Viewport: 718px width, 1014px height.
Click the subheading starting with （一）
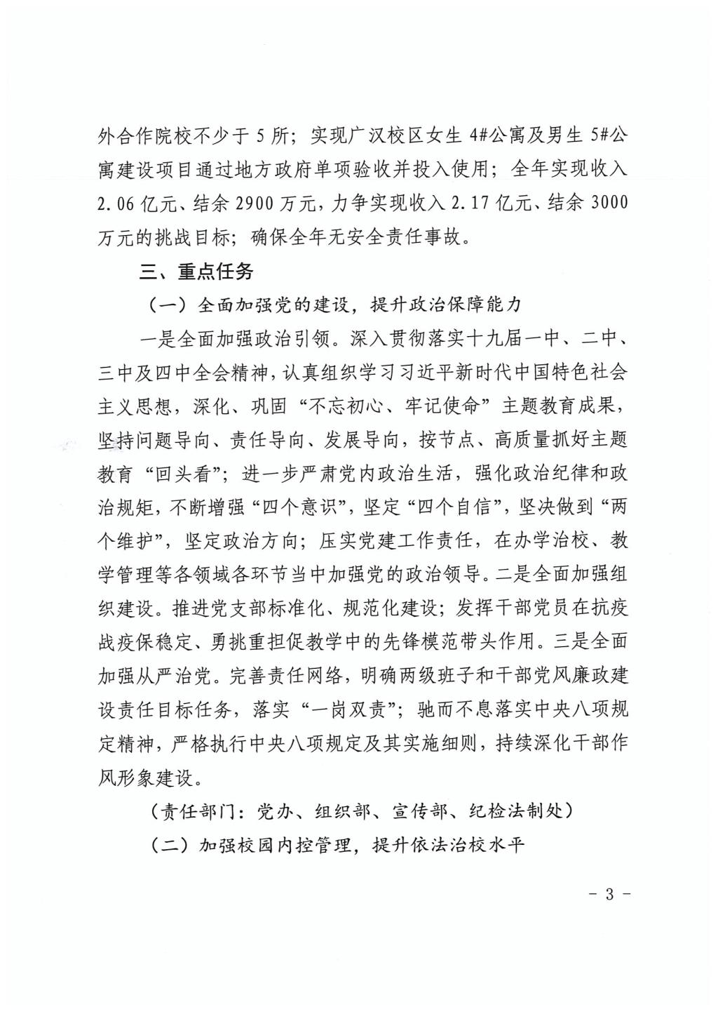tap(337, 305)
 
